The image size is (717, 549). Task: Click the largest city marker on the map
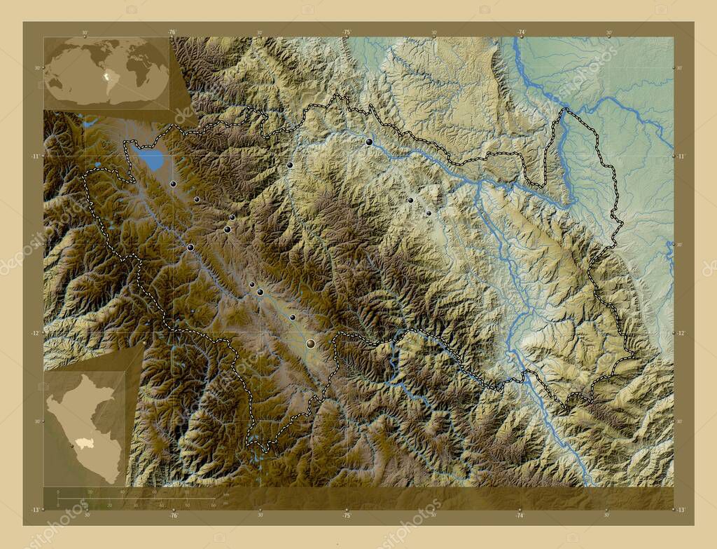tap(310, 343)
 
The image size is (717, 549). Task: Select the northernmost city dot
tap(369, 142)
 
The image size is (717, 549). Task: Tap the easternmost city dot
tap(429, 213)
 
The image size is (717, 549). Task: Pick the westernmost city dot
tap(173, 184)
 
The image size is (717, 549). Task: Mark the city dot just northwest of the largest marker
tap(293, 317)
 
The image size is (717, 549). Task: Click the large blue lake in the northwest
tap(152, 161)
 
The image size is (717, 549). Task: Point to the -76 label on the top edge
tap(172, 32)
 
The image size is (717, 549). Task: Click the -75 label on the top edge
tap(346, 32)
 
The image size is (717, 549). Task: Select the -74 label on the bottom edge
tap(520, 515)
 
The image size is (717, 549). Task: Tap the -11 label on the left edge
tap(34, 156)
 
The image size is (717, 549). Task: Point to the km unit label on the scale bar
tap(225, 495)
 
